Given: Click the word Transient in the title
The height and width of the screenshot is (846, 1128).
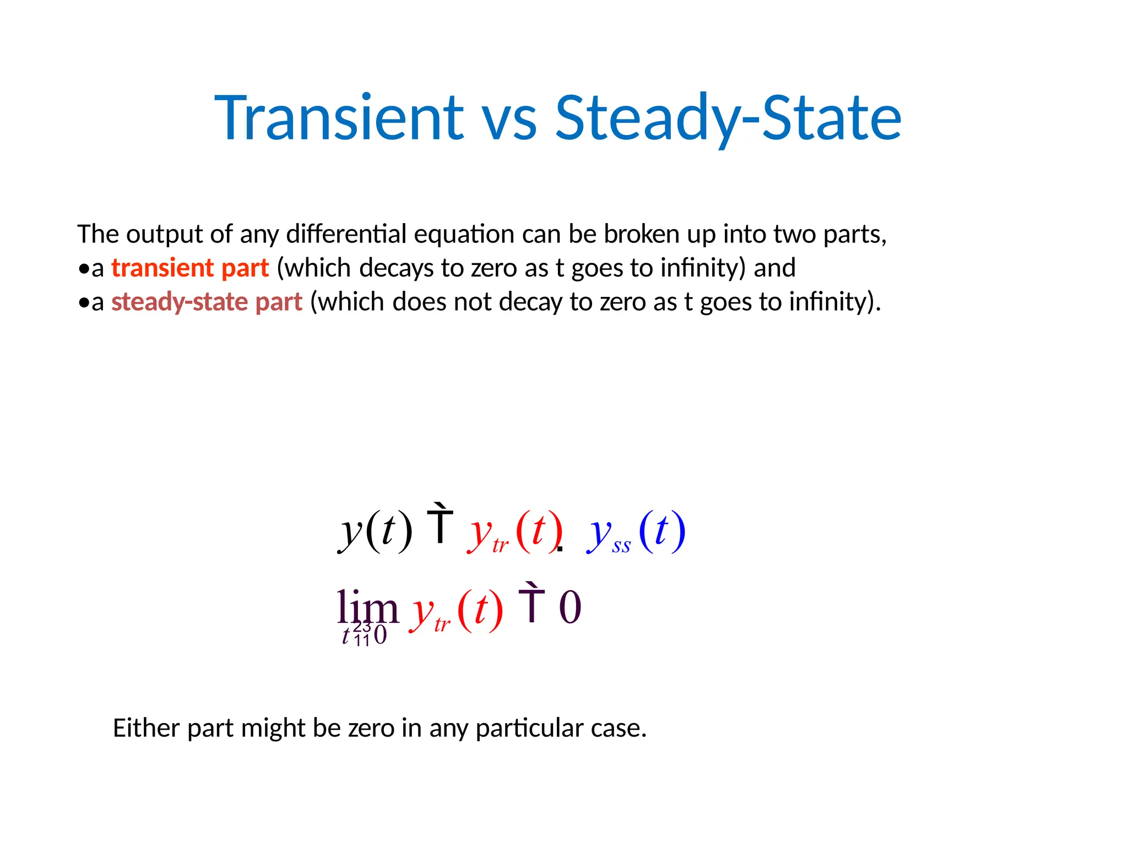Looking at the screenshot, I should pos(339,118).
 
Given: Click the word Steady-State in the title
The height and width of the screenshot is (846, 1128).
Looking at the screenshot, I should pos(728,118).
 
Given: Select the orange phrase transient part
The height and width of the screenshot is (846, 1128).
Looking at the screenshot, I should pos(190,268).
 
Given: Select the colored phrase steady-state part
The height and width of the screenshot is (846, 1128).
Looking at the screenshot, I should pos(207,302).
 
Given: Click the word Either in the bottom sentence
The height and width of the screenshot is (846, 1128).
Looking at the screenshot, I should pos(146,728).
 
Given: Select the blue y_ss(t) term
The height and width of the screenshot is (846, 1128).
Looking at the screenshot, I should pos(636,532).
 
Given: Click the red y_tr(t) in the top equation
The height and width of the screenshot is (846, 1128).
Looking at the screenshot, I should pos(514,532).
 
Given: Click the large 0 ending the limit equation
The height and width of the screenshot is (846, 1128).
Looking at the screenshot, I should pos(570,607).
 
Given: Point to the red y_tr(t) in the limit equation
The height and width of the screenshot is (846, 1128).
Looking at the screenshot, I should pos(455,611).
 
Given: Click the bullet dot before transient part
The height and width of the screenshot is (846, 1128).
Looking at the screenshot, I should pos(84,269).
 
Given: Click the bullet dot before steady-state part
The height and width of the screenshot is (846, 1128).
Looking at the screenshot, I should pos(84,303).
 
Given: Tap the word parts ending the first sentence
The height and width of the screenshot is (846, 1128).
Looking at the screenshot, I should pos(854,235).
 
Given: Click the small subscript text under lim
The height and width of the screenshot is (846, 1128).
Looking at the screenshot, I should pos(364,634).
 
